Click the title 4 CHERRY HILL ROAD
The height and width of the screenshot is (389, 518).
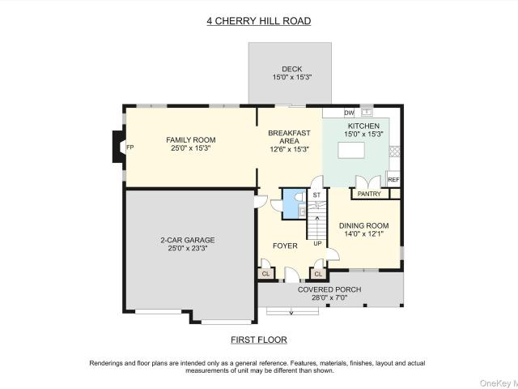coord(259,21)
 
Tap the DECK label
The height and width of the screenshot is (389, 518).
coord(291,69)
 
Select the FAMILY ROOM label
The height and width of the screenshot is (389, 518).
coord(191,140)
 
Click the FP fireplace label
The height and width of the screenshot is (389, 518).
coord(130,147)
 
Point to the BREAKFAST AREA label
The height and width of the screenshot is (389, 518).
coord(290,137)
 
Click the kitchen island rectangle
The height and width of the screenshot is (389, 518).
coord(351,151)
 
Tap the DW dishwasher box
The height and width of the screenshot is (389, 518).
coord(349,113)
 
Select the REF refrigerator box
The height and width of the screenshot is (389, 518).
coord(393,179)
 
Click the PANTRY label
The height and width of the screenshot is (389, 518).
coord(369,194)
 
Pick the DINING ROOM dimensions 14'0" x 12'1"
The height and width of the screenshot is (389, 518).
coord(363,234)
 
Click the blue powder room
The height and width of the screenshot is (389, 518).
coord(294,203)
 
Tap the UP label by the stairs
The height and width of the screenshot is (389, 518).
coord(317,243)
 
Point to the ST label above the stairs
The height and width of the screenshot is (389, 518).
coord(316,194)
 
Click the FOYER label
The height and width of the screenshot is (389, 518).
coord(285,246)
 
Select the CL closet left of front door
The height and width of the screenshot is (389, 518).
coord(265,274)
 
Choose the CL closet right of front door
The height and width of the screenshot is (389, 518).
coord(318,274)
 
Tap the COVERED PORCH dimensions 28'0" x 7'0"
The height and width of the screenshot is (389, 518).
coord(329,297)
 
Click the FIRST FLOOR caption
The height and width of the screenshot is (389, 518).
coord(259,340)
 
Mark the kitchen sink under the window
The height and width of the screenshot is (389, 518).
coord(367,112)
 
